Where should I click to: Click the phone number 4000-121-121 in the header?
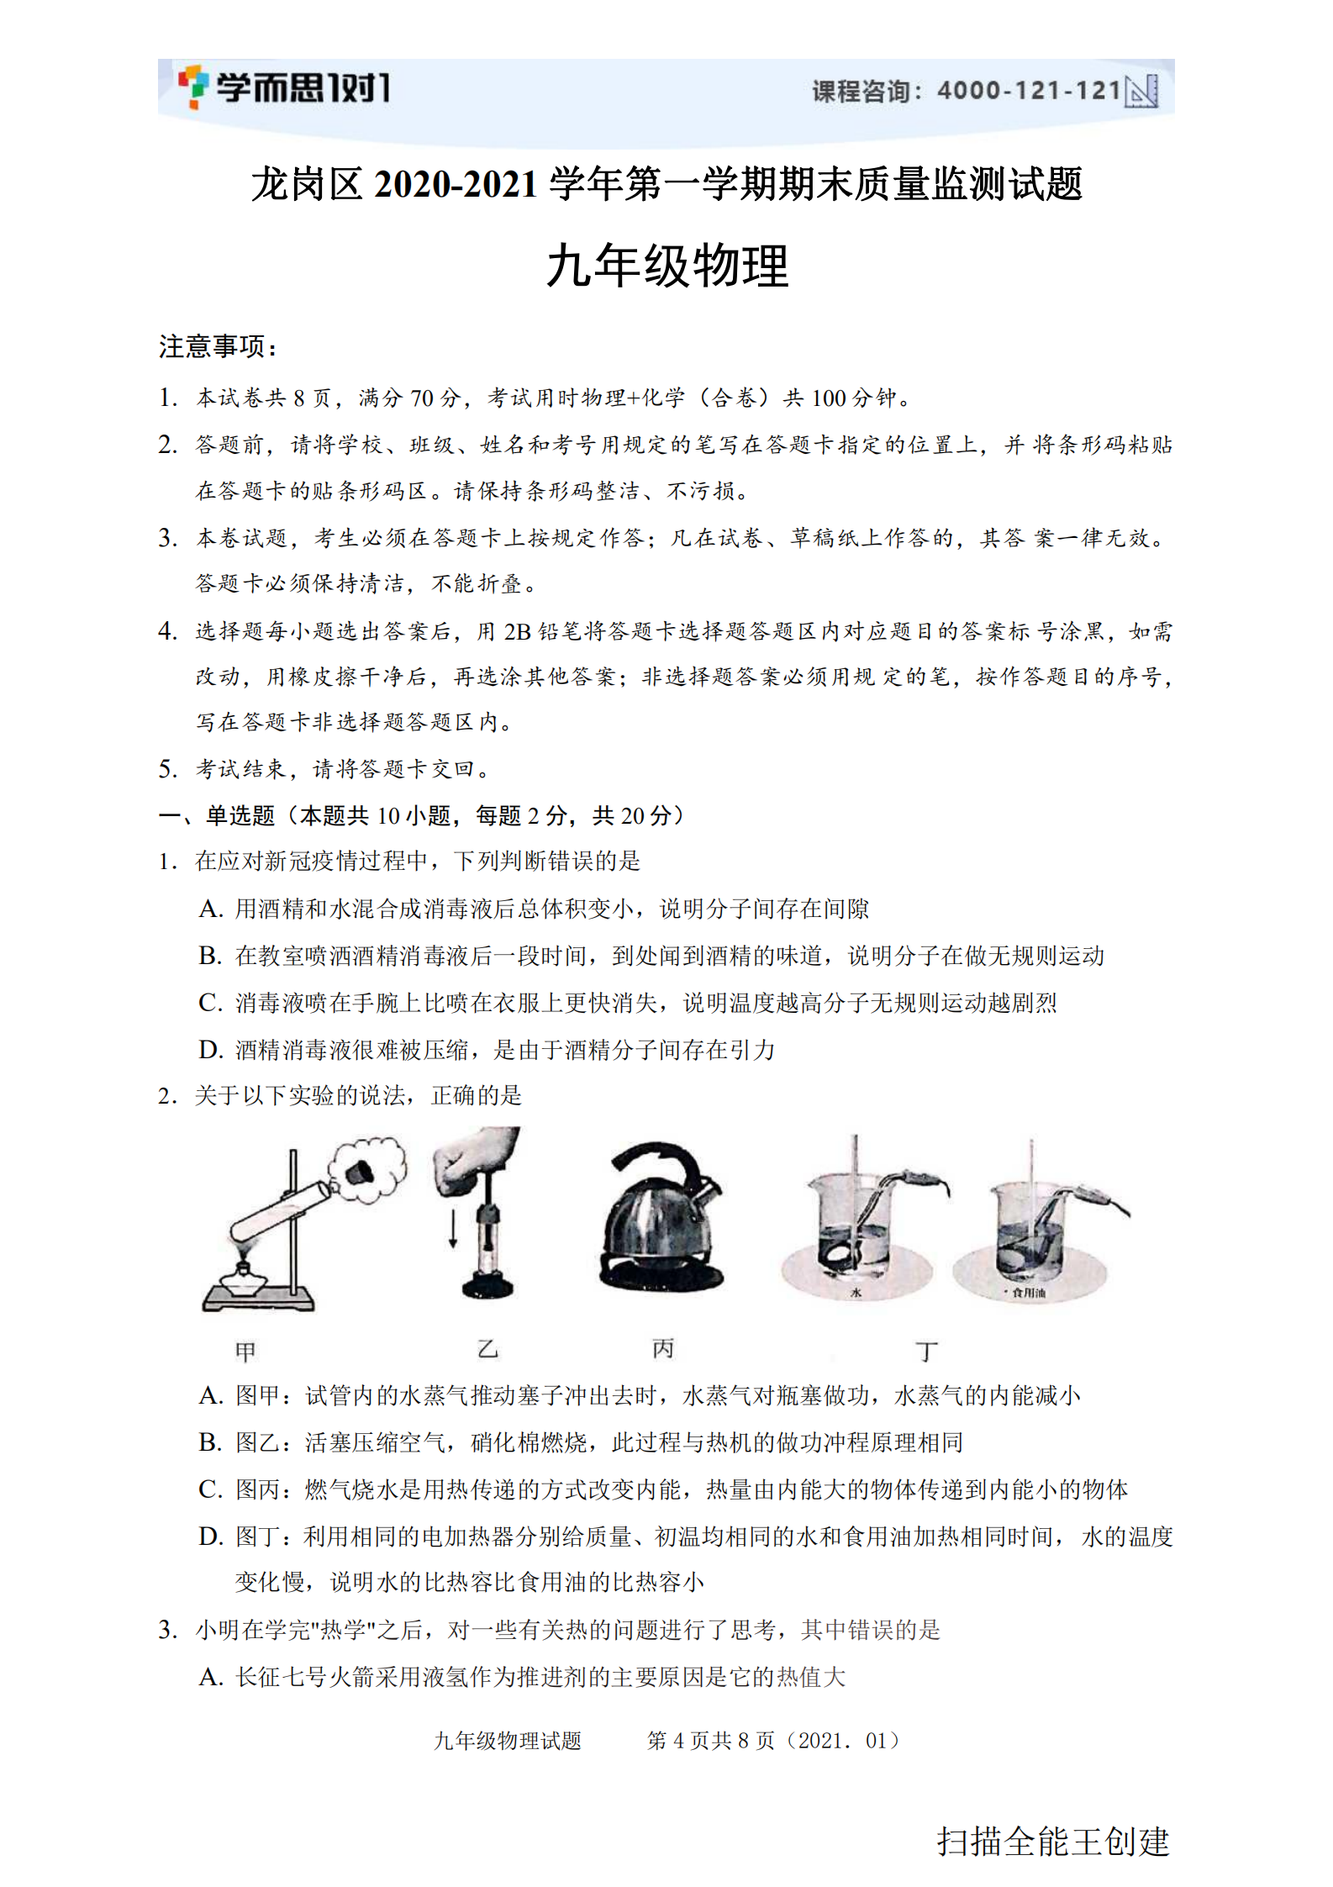click(1029, 90)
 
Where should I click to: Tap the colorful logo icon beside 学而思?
click(192, 87)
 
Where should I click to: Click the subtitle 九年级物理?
click(667, 266)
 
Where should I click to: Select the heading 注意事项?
click(217, 346)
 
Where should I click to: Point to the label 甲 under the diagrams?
click(245, 1352)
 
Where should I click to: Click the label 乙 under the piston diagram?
click(487, 1349)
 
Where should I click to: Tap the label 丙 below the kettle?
click(662, 1349)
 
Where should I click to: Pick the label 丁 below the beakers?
click(926, 1352)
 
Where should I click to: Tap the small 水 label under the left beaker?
click(856, 1293)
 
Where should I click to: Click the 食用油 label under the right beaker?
click(1029, 1293)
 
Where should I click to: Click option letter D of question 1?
click(210, 1050)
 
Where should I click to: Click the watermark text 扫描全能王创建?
click(1052, 1842)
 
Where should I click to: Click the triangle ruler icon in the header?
click(1141, 91)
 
